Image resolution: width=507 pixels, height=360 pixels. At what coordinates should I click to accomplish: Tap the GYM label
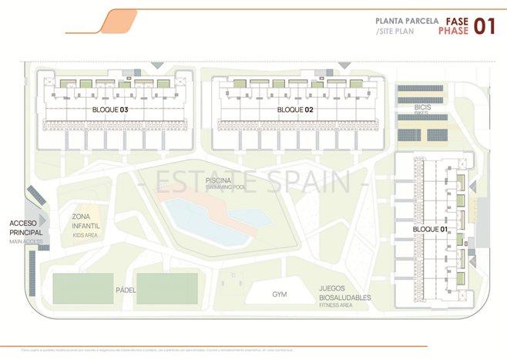[x=279, y=294]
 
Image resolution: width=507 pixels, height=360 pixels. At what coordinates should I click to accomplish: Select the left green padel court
[x=82, y=288]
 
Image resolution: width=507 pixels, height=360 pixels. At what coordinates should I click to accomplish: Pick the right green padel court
[x=166, y=288]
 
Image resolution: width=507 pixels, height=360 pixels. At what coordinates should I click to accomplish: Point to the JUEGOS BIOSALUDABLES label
[x=344, y=294]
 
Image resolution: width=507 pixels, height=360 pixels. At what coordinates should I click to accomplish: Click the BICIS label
[x=421, y=106]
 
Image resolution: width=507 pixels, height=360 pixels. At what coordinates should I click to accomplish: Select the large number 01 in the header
[x=484, y=26]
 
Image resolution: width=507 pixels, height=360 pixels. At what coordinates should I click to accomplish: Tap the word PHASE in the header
[x=452, y=32]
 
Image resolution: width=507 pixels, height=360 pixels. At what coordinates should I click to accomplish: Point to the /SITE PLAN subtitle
[x=395, y=32]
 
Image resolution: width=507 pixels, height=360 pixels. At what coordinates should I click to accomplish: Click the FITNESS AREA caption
[x=335, y=306]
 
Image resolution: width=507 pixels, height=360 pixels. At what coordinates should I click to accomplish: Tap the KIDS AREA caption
[x=85, y=234]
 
